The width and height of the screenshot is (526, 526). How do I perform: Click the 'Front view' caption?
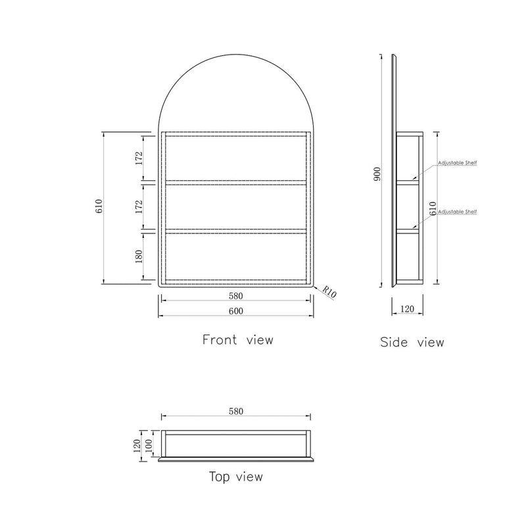[237, 340]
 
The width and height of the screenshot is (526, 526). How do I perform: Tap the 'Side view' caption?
[412, 342]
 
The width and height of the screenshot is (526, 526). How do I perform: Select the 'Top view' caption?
[235, 476]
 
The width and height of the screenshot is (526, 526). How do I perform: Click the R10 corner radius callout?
[330, 293]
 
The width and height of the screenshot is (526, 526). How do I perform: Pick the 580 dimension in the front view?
[236, 297]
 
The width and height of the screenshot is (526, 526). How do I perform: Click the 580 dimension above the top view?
[236, 412]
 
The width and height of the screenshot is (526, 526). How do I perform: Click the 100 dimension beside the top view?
[149, 446]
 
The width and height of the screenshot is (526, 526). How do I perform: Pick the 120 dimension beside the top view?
[137, 446]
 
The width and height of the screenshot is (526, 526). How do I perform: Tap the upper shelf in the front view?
[236, 181]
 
